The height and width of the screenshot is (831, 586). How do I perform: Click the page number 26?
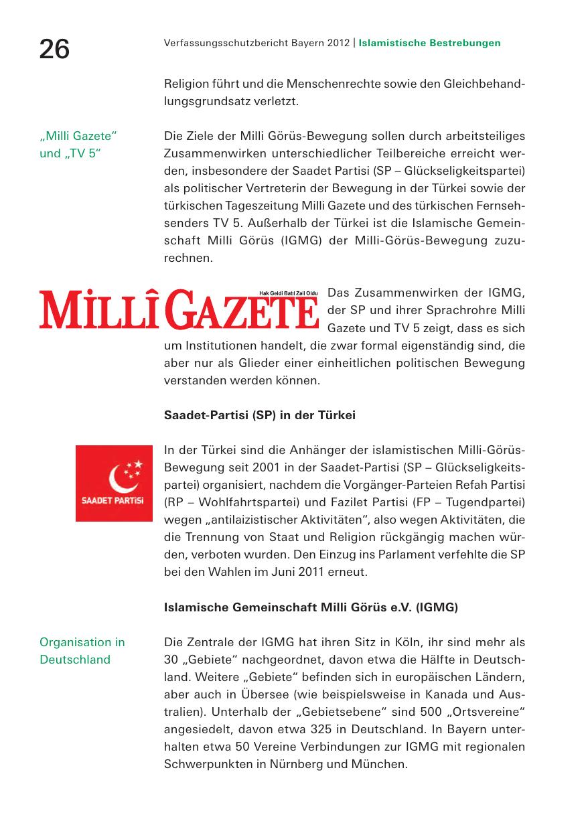(x=54, y=49)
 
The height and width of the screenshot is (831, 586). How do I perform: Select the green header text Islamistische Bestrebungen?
(x=429, y=44)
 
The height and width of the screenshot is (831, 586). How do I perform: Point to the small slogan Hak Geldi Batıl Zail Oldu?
(x=288, y=293)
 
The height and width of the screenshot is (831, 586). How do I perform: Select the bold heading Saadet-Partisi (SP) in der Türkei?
(x=259, y=415)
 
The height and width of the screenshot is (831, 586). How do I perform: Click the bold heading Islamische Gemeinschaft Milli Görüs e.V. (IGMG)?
(x=311, y=608)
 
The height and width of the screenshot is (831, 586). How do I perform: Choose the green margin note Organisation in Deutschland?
(x=82, y=651)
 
